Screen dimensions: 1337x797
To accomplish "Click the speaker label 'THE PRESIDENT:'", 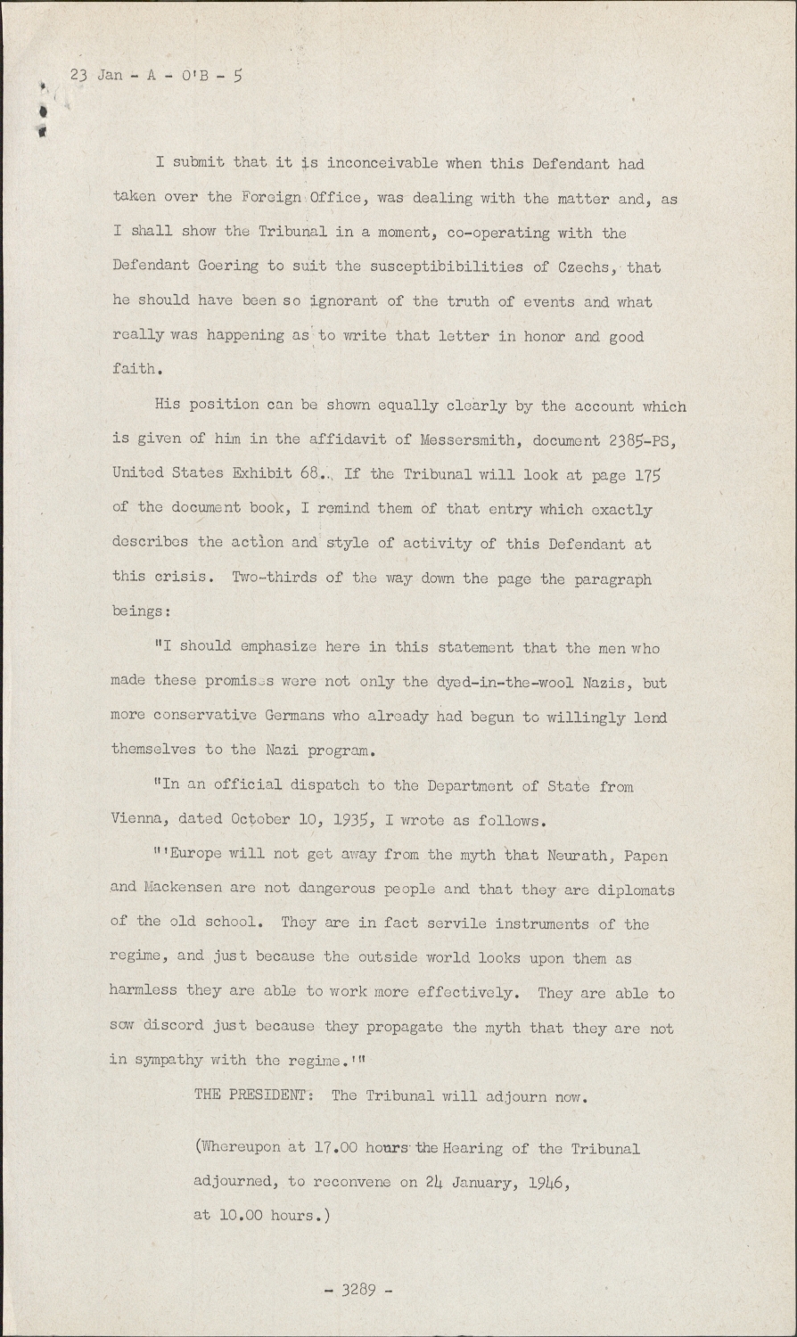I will pos(253,1096).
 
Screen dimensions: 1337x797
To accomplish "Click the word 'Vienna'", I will pos(140,820).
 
